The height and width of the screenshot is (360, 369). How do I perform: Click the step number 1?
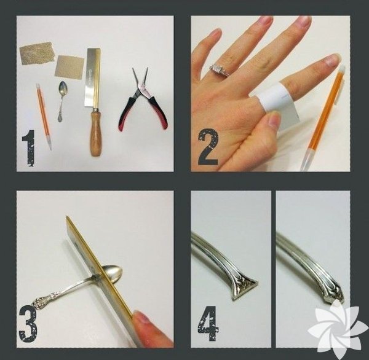pyautogui.click(x=29, y=148)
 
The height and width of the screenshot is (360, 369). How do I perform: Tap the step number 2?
pyautogui.click(x=208, y=146)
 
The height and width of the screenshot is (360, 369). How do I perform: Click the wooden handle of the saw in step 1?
pyautogui.click(x=95, y=133)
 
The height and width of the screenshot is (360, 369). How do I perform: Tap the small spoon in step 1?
pyautogui.click(x=61, y=101)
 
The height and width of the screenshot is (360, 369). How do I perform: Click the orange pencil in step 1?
pyautogui.click(x=44, y=117)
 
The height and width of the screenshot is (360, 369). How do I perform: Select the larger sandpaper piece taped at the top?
pyautogui.click(x=37, y=53)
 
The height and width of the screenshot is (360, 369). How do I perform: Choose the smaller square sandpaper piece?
pyautogui.click(x=69, y=66)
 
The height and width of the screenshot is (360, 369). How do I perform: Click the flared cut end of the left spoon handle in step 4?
pyautogui.click(x=244, y=288)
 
